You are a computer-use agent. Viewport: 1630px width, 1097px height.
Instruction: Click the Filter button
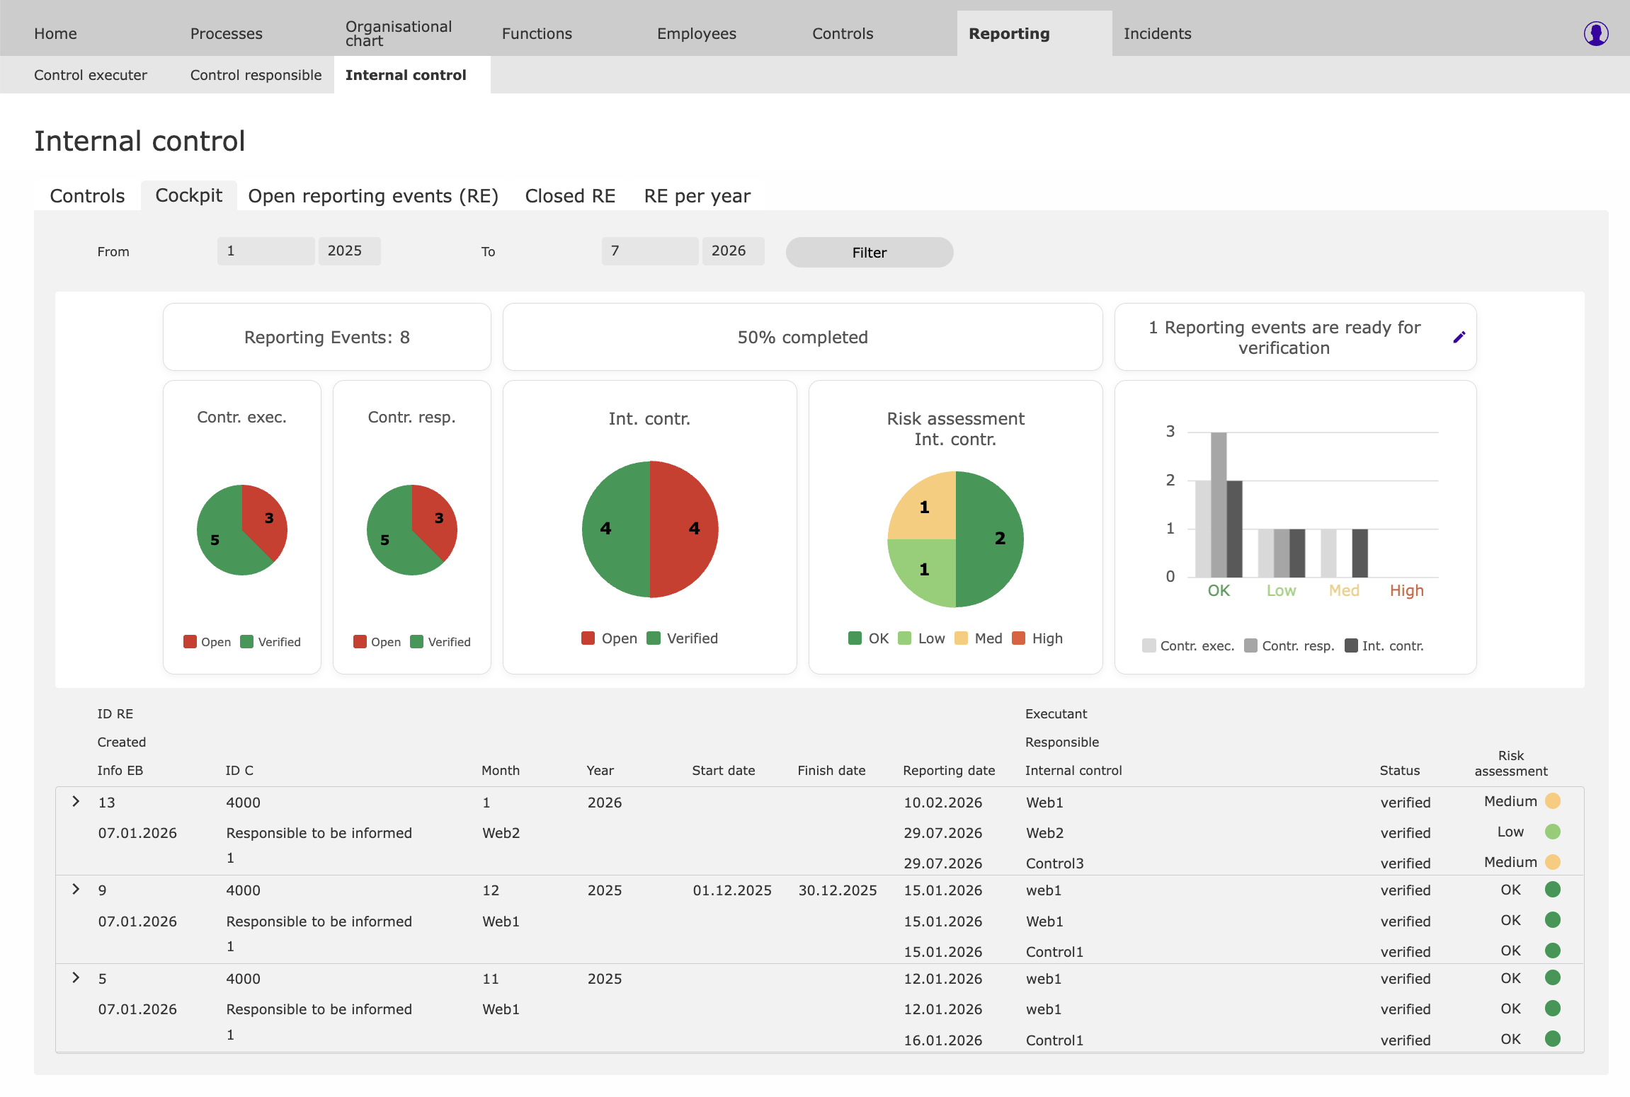pos(869,253)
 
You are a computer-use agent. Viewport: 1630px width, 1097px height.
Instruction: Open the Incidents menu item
pos(1157,33)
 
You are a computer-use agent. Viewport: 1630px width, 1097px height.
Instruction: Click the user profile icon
pos(1596,33)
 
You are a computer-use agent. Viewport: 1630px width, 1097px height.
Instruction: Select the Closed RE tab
pos(570,196)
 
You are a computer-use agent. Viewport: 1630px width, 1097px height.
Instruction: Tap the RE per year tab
pos(697,196)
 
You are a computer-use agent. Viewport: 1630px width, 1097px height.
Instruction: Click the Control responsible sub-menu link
pos(256,75)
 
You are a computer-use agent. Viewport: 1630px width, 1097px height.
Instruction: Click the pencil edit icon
pos(1459,338)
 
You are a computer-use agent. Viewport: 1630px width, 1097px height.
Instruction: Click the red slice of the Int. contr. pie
pos(684,529)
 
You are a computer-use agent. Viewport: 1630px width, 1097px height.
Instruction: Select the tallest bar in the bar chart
pos(1219,505)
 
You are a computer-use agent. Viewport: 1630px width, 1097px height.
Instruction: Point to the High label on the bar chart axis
pos(1406,590)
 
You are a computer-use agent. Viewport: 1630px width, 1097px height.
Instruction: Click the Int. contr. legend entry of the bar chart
pos(1384,645)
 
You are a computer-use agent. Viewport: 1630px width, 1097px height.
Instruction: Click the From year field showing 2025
pos(349,251)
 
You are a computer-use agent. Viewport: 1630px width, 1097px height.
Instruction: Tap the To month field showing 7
pos(649,251)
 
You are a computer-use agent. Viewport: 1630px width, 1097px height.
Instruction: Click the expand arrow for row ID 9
pos(76,889)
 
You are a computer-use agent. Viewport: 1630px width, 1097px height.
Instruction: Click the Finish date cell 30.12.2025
pos(838,890)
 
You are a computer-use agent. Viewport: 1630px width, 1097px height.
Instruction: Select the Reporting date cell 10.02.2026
pos(942,803)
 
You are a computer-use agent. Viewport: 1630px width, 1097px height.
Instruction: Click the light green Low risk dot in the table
pos(1552,832)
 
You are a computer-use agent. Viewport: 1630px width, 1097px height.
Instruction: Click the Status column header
pos(1399,771)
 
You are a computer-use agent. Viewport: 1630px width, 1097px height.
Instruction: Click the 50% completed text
pos(802,338)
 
